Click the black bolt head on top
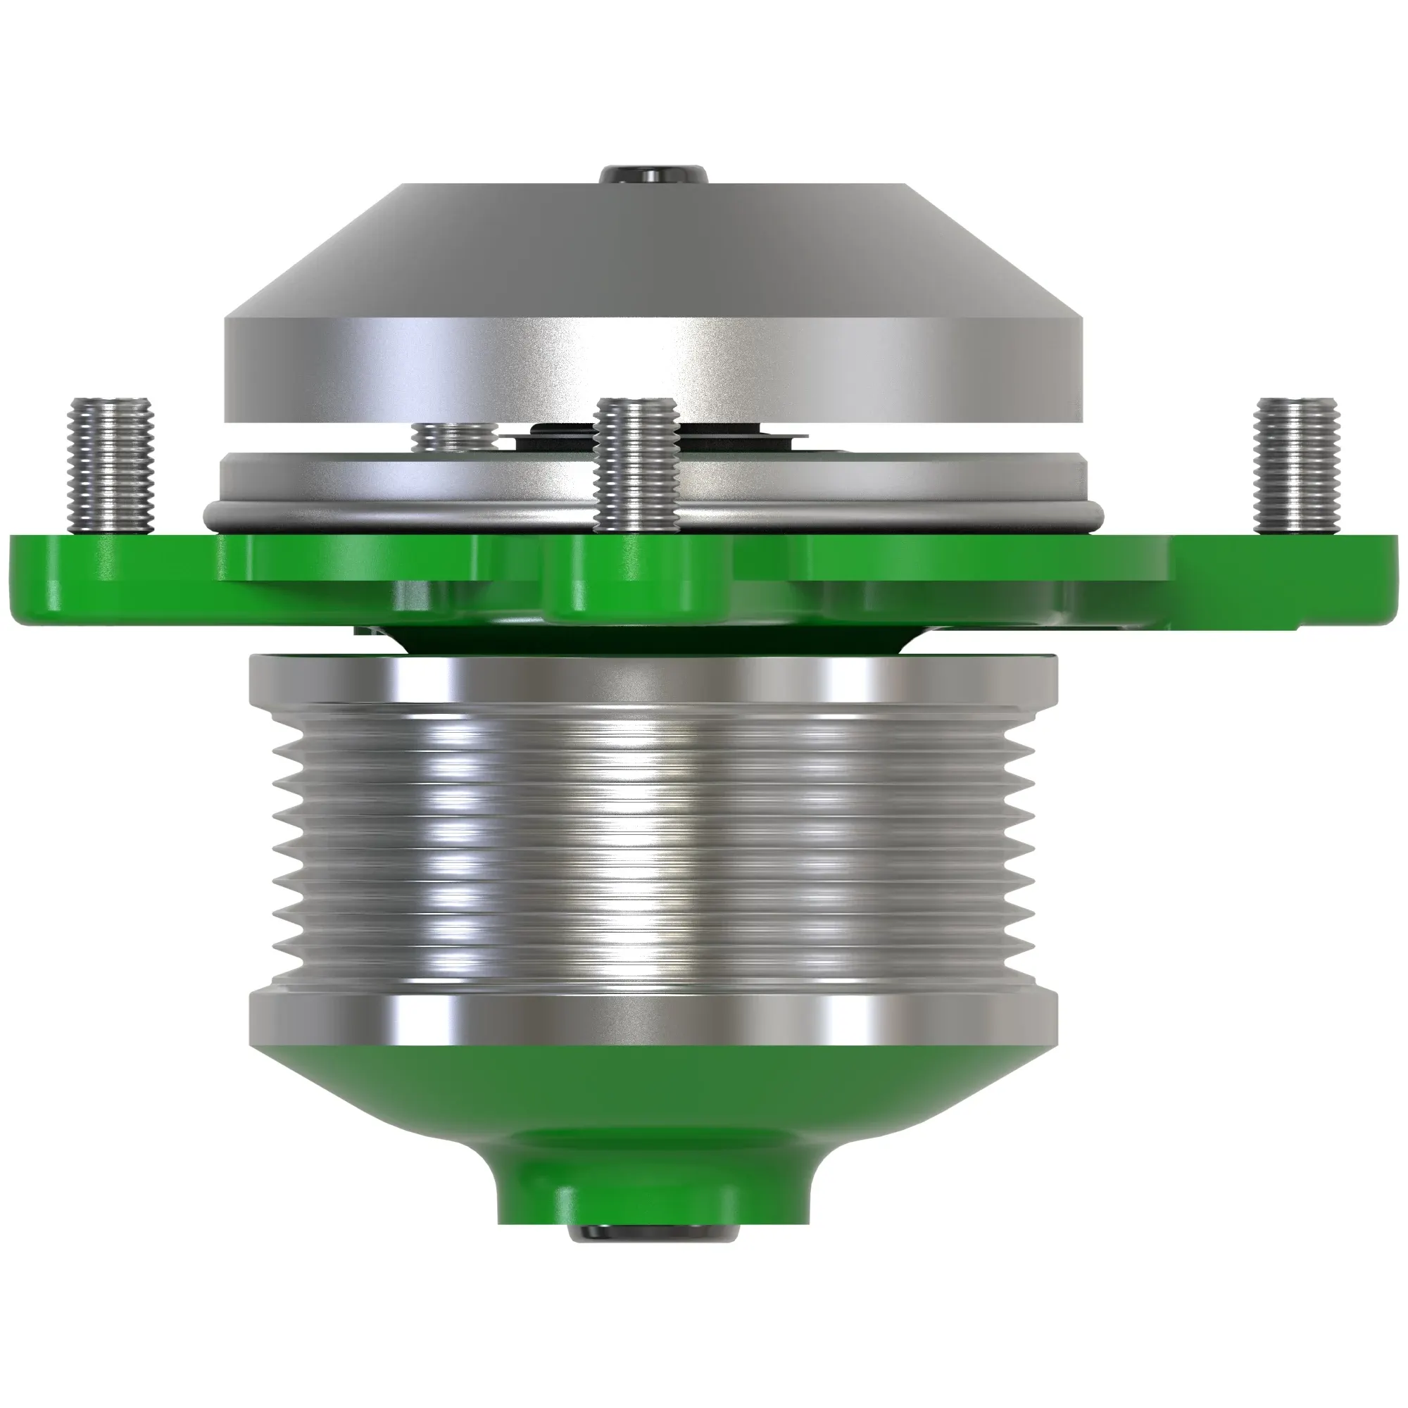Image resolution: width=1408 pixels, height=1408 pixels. pos(654,175)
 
